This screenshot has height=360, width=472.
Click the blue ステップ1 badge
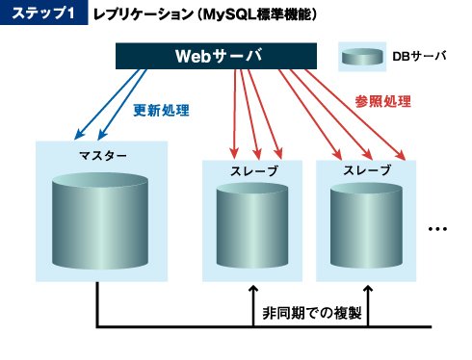pos(43,13)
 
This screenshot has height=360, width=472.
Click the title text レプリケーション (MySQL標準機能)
pos(205,14)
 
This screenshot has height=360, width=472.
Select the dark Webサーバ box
pos(216,56)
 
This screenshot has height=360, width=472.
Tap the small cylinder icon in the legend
pos(362,57)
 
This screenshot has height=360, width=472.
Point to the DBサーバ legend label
pos(419,57)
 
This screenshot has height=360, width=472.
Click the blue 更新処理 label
pos(161,111)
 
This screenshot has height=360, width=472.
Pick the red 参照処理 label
pos(382,102)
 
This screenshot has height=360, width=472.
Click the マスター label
pos(103,156)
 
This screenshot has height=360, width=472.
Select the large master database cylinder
pos(100,220)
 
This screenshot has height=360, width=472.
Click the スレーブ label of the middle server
pos(254,171)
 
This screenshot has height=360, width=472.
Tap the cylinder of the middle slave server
pos(252,225)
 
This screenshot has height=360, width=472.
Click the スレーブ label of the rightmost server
pos(367,170)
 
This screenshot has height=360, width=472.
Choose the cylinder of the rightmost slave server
pos(366,225)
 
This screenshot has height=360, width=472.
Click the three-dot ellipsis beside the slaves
pos(437,229)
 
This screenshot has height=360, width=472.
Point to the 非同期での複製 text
pos(312,313)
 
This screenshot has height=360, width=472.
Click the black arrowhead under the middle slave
pos(253,289)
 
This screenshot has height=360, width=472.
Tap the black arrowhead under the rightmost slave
pos(368,289)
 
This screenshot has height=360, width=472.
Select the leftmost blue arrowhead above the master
pos(79,135)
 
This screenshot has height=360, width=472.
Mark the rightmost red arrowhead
pos(401,155)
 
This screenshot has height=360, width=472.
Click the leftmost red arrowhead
pos(234,153)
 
